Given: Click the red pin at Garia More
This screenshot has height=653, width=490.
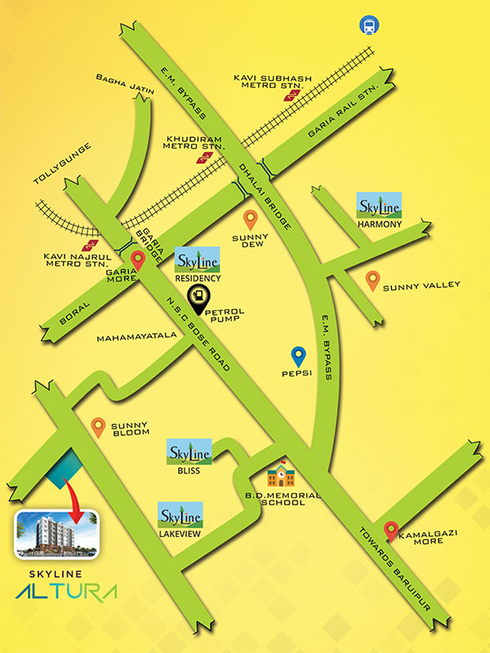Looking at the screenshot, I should [138, 260].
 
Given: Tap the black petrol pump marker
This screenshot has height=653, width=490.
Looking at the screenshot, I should [197, 296].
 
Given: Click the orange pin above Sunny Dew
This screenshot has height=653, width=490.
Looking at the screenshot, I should [252, 219].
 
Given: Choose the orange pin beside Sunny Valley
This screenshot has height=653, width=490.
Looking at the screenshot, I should [372, 281].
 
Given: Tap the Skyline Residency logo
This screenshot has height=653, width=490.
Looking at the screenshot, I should [198, 259].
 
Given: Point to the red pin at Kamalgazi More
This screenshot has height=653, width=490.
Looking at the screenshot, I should [391, 530].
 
